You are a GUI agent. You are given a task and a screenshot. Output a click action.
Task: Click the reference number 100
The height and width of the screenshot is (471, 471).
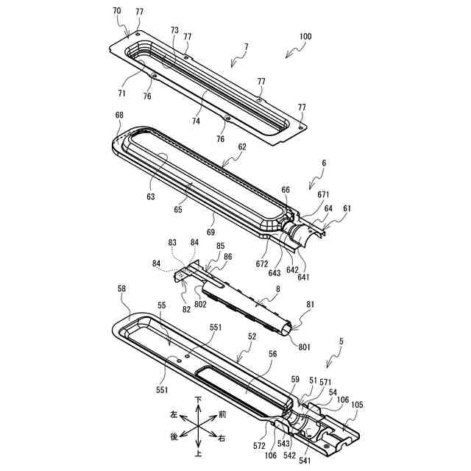(304, 36)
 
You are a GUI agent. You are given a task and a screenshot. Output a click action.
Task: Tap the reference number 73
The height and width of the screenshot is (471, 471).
(174, 30)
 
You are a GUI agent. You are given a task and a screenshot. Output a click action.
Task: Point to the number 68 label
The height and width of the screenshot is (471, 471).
(119, 116)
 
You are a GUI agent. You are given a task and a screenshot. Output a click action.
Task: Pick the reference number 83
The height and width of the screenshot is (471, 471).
(171, 242)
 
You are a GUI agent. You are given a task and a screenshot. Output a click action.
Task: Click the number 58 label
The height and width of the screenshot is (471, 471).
(122, 291)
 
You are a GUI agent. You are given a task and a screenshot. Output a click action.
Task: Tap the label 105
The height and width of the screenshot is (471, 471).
(356, 404)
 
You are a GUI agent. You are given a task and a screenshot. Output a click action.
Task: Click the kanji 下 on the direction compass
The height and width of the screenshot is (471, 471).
(198, 400)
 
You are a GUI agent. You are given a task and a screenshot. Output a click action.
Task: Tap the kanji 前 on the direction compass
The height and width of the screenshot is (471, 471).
(222, 414)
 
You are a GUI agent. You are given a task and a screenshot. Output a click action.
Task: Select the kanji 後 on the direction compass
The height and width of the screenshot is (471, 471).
(174, 437)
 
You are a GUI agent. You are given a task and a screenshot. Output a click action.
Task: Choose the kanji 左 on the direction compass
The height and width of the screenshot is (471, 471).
(174, 414)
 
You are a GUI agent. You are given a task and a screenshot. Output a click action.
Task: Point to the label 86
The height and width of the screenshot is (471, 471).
(228, 257)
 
